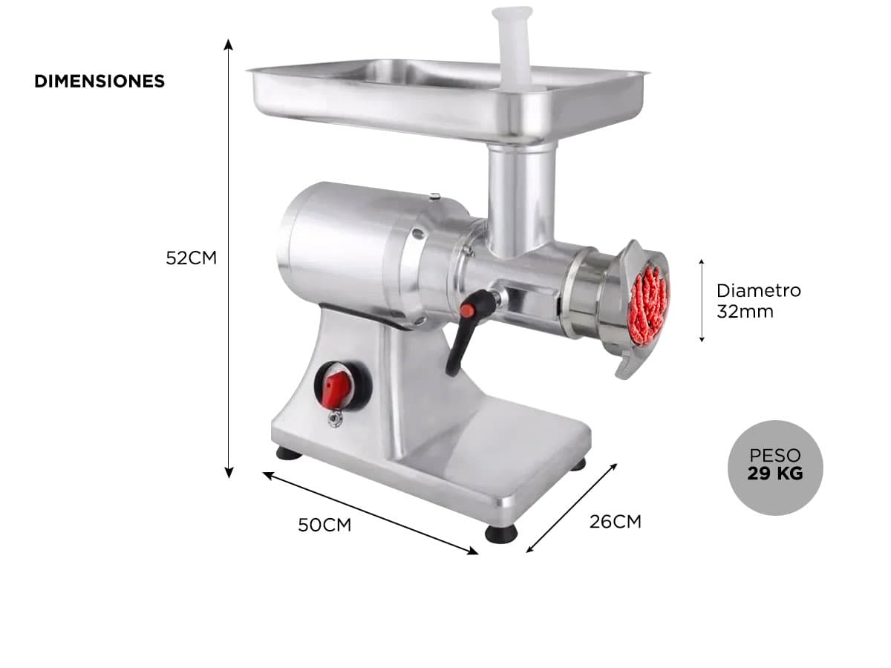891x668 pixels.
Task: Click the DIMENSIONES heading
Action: coord(99,81)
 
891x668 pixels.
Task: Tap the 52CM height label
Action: coord(191,258)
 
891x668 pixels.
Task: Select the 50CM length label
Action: coord(324,525)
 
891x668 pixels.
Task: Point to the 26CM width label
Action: coord(615,522)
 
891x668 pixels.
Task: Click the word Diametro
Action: coord(758,290)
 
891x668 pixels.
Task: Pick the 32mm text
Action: coord(745,312)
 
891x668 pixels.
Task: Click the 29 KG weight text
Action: coord(775,474)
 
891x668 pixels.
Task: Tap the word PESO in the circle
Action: coord(775,455)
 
